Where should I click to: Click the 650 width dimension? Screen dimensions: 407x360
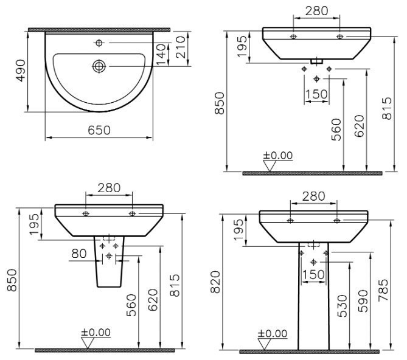coord(99,131)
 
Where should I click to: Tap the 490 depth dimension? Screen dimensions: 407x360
coord(21,71)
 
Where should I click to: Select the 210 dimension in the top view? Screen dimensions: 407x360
coord(181,47)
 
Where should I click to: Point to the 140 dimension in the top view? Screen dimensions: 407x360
coord(161,55)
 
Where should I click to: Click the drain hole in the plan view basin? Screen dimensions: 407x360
coord(99,66)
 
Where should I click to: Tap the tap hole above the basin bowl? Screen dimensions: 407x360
coord(99,43)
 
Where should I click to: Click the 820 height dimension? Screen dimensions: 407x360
coord(215,282)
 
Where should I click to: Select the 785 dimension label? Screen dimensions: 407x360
coord(383,290)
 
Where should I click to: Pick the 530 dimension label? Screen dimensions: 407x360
coord(343,306)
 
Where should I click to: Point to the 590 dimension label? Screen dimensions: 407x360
coord(363,301)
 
